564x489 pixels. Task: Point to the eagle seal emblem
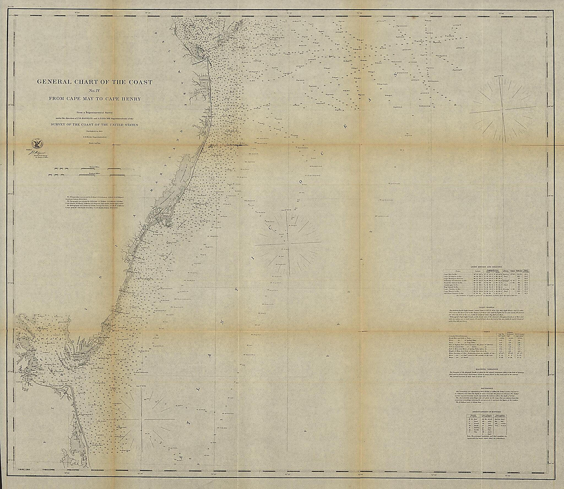(x=36, y=143)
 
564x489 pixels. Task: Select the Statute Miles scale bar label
(x=94, y=167)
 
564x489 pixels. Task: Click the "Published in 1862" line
(x=94, y=132)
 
